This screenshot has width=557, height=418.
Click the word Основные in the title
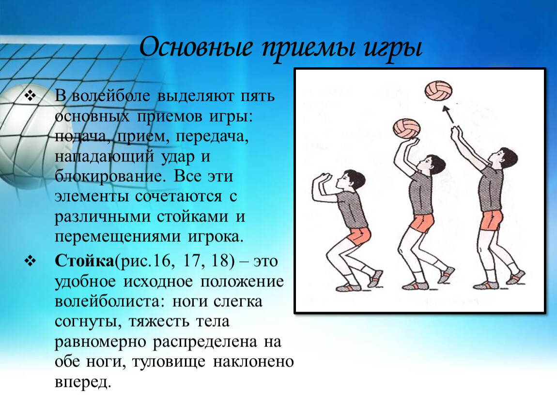click(196, 47)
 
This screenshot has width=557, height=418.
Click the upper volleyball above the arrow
click(438, 90)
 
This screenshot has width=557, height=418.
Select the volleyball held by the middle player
click(407, 128)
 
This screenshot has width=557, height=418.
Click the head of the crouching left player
click(351, 181)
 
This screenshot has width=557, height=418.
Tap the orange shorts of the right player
click(492, 220)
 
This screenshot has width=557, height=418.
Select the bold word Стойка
click(84, 261)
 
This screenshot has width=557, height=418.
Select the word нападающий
click(105, 157)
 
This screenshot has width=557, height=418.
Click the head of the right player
click(504, 159)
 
